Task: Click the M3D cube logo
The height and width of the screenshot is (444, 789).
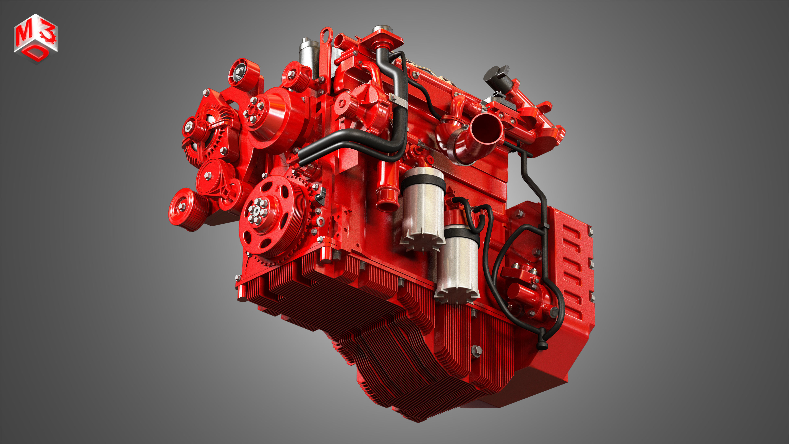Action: point(36,38)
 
